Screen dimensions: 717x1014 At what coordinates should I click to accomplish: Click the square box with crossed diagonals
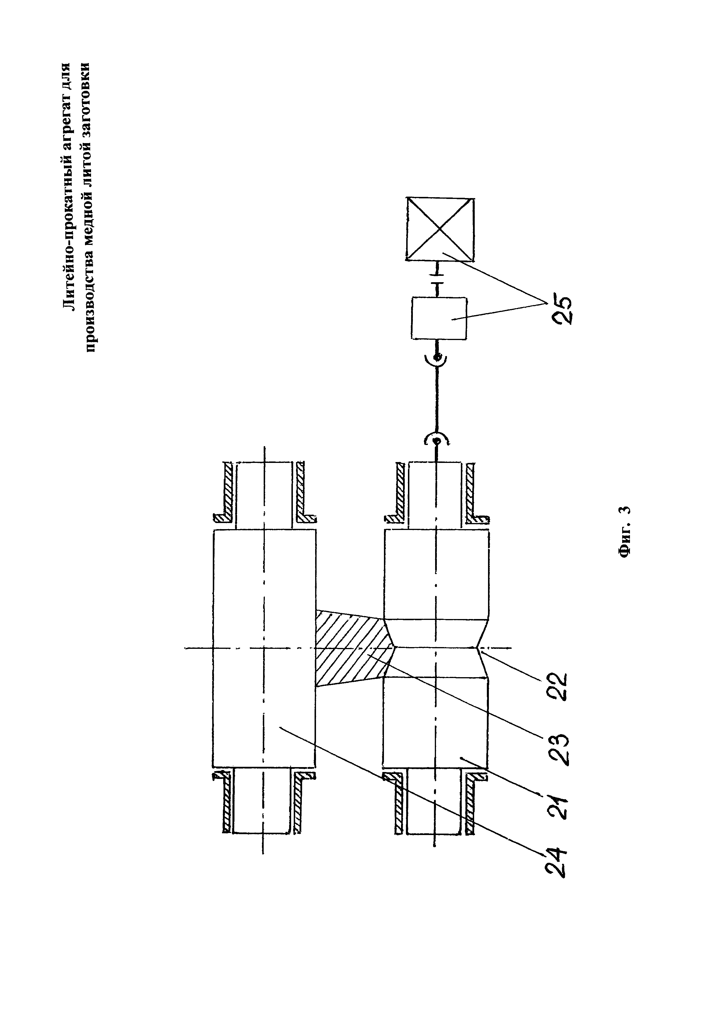pyautogui.click(x=440, y=230)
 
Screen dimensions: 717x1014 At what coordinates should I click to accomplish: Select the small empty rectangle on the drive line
pyautogui.click(x=438, y=318)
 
